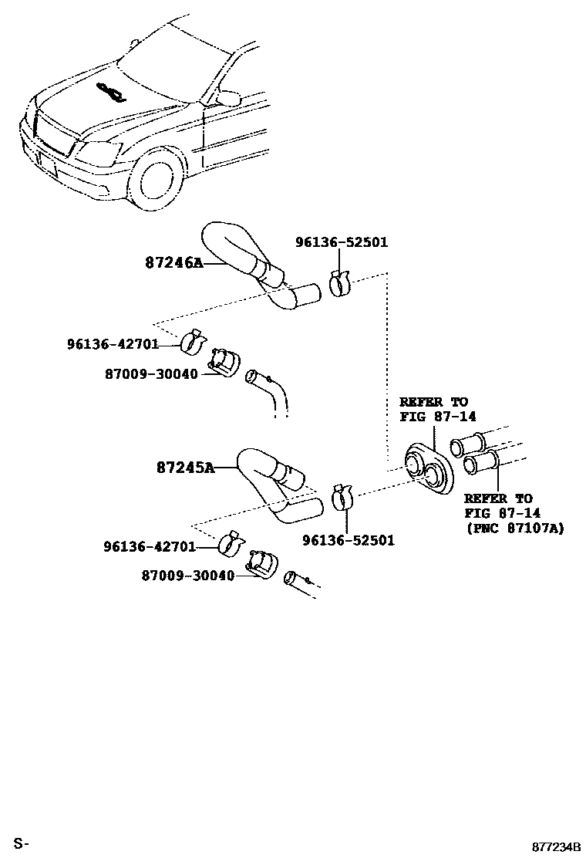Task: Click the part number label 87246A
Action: [173, 262]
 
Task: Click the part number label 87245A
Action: [185, 467]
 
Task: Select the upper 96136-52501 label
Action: [342, 242]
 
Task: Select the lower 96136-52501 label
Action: [348, 540]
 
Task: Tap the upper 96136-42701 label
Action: [113, 345]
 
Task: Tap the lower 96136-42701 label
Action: [150, 546]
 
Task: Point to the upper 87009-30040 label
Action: [151, 374]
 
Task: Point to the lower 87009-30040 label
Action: [187, 575]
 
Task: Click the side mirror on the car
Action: [229, 98]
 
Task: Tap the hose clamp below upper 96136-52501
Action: [339, 283]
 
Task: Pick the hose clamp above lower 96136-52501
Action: [342, 498]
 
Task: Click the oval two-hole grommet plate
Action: [430, 466]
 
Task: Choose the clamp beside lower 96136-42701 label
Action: [229, 543]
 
